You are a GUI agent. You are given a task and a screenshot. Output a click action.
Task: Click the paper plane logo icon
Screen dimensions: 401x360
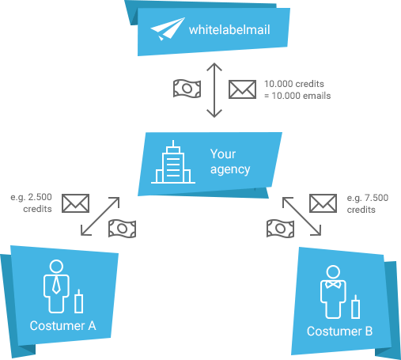click(x=168, y=29)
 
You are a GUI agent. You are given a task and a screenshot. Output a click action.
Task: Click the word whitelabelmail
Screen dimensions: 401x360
click(x=229, y=29)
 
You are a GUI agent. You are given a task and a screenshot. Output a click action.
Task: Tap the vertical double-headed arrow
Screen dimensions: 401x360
click(x=214, y=90)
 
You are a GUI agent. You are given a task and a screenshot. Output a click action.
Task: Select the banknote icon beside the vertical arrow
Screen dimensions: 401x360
click(x=187, y=89)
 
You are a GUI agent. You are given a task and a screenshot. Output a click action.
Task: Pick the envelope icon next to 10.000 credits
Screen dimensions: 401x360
click(x=242, y=89)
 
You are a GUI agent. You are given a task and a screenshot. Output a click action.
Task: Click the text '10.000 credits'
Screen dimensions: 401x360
click(x=294, y=84)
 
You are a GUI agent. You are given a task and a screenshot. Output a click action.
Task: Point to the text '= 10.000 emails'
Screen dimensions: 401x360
click(x=297, y=96)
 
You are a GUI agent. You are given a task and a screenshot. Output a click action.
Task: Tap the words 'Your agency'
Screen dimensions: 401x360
click(x=230, y=161)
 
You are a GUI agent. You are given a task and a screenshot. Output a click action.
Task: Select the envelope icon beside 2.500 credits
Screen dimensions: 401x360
click(x=76, y=203)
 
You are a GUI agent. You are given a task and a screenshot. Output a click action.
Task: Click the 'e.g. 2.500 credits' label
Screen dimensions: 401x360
click(x=31, y=203)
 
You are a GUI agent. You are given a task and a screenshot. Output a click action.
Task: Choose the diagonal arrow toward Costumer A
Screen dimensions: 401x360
click(x=100, y=216)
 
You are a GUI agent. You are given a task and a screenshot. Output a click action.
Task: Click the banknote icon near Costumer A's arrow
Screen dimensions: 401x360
click(x=123, y=229)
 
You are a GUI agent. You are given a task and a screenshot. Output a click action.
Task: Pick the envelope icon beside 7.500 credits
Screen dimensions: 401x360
click(x=323, y=203)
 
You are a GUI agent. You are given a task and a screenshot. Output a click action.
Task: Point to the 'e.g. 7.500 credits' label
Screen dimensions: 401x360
click(x=368, y=203)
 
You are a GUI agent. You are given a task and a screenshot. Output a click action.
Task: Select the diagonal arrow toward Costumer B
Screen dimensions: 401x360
click(x=301, y=216)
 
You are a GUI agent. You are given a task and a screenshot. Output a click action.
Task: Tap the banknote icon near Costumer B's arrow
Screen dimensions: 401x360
click(x=281, y=229)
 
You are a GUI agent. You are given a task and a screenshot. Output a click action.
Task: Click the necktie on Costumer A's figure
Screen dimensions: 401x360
click(x=56, y=286)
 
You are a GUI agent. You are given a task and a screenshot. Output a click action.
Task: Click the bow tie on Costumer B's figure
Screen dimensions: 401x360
click(x=333, y=285)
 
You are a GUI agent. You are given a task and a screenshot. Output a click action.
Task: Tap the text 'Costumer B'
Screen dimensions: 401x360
click(x=339, y=332)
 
